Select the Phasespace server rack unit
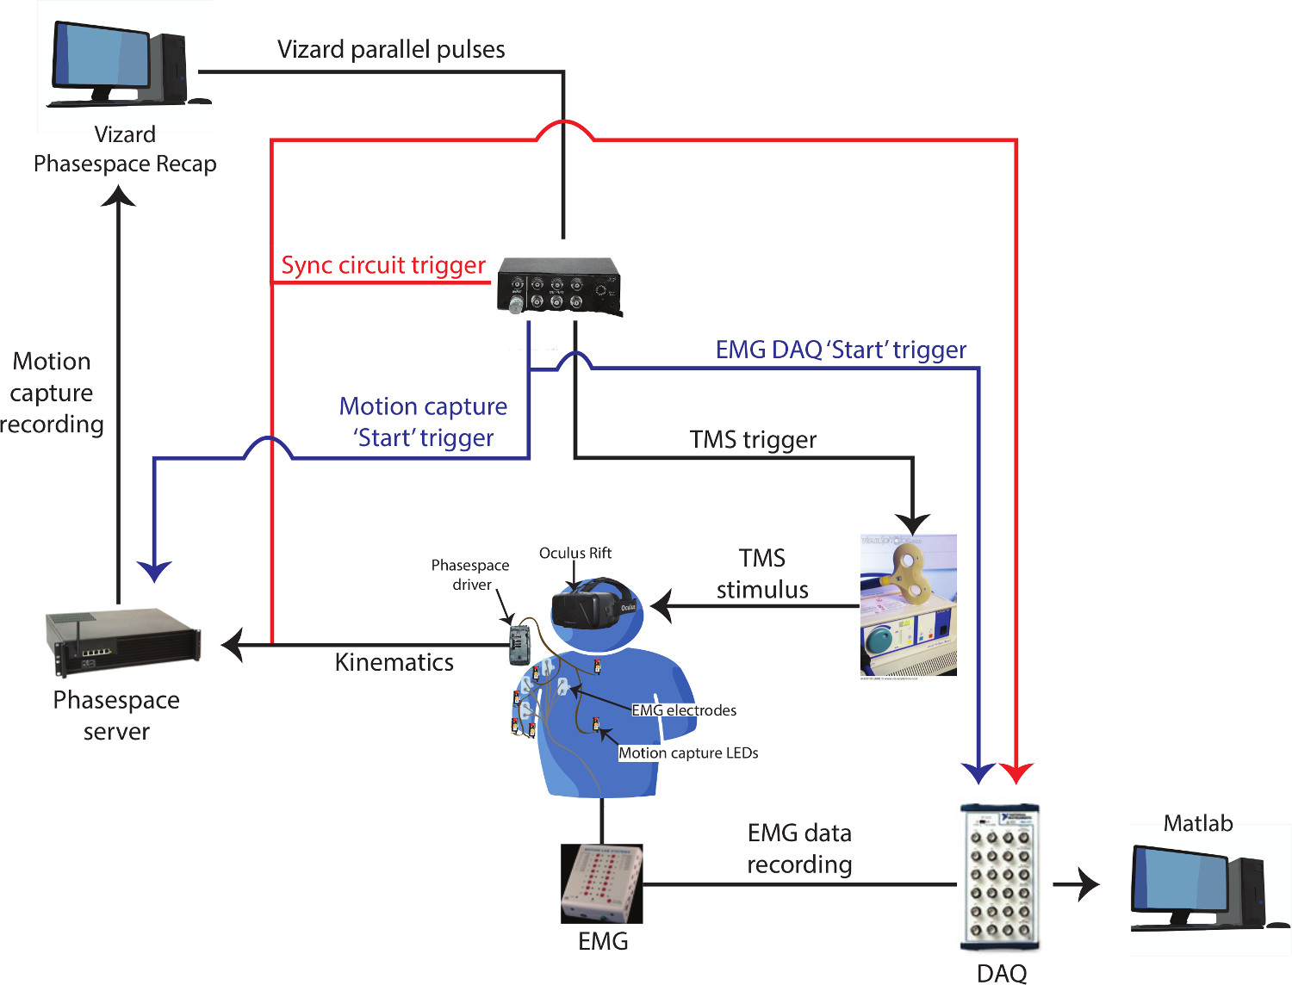point(123,641)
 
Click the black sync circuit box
point(559,286)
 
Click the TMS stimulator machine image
point(908,605)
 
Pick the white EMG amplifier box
point(601,883)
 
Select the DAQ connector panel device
point(1000,877)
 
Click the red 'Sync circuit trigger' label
point(383,265)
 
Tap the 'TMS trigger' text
point(753,440)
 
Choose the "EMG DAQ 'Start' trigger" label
point(841,350)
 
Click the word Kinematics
point(394,662)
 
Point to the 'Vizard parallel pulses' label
point(391,50)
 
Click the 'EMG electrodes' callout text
point(684,710)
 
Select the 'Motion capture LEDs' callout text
point(688,753)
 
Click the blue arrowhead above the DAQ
point(978,772)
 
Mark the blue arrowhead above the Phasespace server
point(154,571)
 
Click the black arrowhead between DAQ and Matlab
point(1089,884)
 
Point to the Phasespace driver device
point(520,644)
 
